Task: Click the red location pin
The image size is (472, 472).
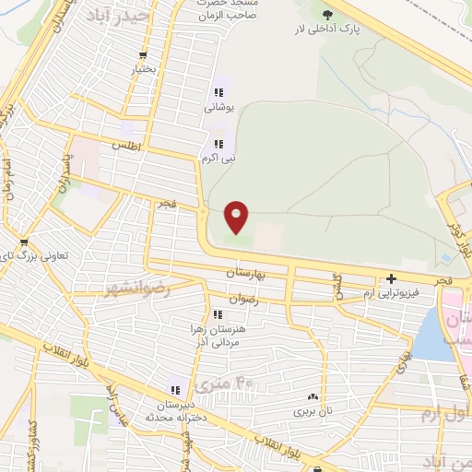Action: pyautogui.click(x=237, y=218)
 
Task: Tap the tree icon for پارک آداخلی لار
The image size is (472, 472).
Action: pyautogui.click(x=326, y=14)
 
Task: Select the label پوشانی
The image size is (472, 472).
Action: pyautogui.click(x=219, y=108)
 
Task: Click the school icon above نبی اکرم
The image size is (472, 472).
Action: pyautogui.click(x=218, y=144)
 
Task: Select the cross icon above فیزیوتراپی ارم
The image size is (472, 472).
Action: pyautogui.click(x=392, y=278)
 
